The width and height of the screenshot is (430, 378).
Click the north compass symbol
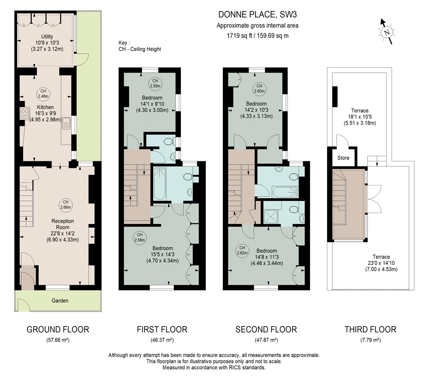point(387,32)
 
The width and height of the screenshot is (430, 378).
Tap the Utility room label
point(47,36)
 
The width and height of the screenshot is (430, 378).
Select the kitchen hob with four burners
point(25,113)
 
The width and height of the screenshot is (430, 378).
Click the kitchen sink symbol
point(66,123)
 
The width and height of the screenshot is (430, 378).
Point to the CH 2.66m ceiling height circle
point(66,204)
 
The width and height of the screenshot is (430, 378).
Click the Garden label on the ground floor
point(60,301)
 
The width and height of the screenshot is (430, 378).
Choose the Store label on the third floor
point(343,158)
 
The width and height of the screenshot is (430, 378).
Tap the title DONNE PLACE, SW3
point(257,14)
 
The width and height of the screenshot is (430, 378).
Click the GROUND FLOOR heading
point(58,329)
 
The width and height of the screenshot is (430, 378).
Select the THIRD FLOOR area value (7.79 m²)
point(371,340)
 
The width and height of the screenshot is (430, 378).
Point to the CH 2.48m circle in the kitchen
point(43,94)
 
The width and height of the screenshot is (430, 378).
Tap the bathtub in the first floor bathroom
point(160,184)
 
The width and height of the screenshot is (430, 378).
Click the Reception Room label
point(62,224)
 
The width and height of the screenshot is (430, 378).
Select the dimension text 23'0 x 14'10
point(381,263)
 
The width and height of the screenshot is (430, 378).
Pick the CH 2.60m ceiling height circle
point(260,89)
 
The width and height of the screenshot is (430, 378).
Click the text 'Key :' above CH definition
point(124,43)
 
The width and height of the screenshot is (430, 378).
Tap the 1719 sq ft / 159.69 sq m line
point(257,36)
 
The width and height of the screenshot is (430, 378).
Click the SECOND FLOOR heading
point(266,329)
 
